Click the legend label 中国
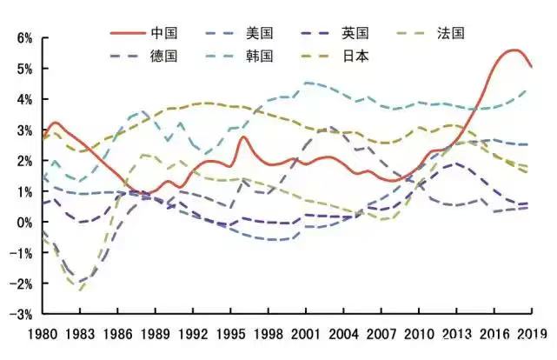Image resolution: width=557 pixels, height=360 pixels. [164, 33]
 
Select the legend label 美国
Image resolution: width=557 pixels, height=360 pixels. [260, 33]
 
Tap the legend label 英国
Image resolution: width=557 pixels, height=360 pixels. [355, 33]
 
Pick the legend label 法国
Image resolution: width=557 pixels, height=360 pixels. [452, 33]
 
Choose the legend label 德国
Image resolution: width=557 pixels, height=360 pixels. [164, 56]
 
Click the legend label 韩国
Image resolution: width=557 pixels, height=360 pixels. [260, 56]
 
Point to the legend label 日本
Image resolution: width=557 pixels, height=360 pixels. [355, 56]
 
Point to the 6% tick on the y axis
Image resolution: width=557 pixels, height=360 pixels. [22, 38]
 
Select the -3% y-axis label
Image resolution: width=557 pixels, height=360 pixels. [20, 314]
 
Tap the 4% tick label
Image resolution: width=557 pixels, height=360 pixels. [22, 100]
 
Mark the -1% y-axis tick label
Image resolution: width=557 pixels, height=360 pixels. [20, 253]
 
